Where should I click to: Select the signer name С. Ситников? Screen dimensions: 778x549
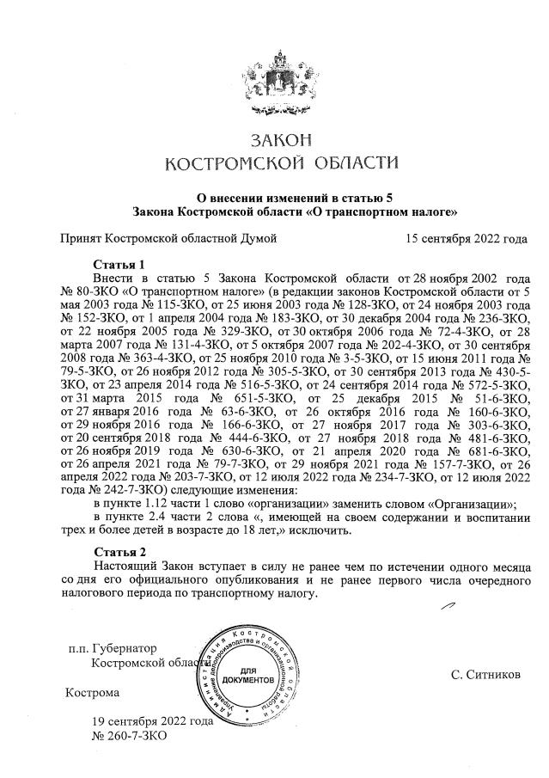coord(485,675)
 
